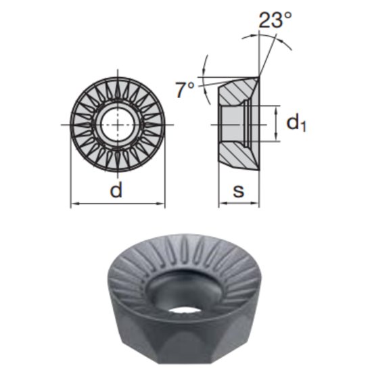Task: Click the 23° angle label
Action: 276,20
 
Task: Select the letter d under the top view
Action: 117,191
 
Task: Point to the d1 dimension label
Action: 296,124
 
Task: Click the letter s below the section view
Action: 238,191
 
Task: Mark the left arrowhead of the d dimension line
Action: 74,203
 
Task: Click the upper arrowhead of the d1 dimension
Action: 276,109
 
